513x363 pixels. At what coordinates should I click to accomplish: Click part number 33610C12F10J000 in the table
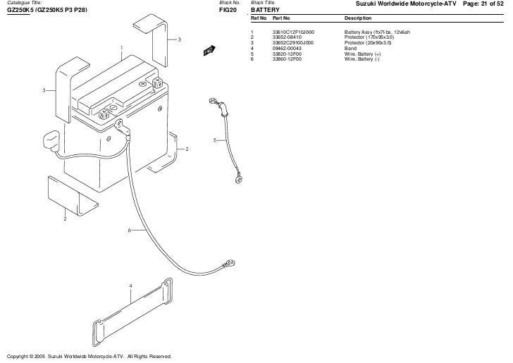pyautogui.click(x=293, y=32)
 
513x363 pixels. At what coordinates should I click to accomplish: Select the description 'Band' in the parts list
pyautogui.click(x=351, y=48)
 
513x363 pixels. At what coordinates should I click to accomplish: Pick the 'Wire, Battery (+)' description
pyautogui.click(x=362, y=54)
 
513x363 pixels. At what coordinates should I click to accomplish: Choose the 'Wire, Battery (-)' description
pyautogui.click(x=361, y=59)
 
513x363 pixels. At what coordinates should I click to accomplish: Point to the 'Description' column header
pyautogui.click(x=358, y=18)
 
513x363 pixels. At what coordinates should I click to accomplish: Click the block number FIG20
pyautogui.click(x=228, y=10)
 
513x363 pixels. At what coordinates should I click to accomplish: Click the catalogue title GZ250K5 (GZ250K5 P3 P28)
pyautogui.click(x=47, y=10)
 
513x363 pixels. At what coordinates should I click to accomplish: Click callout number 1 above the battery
pyautogui.click(x=121, y=48)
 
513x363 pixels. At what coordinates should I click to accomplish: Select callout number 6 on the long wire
pyautogui.click(x=130, y=230)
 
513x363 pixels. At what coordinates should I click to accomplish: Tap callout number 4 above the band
pyautogui.click(x=130, y=285)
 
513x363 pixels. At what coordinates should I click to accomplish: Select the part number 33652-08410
pyautogui.click(x=288, y=37)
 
